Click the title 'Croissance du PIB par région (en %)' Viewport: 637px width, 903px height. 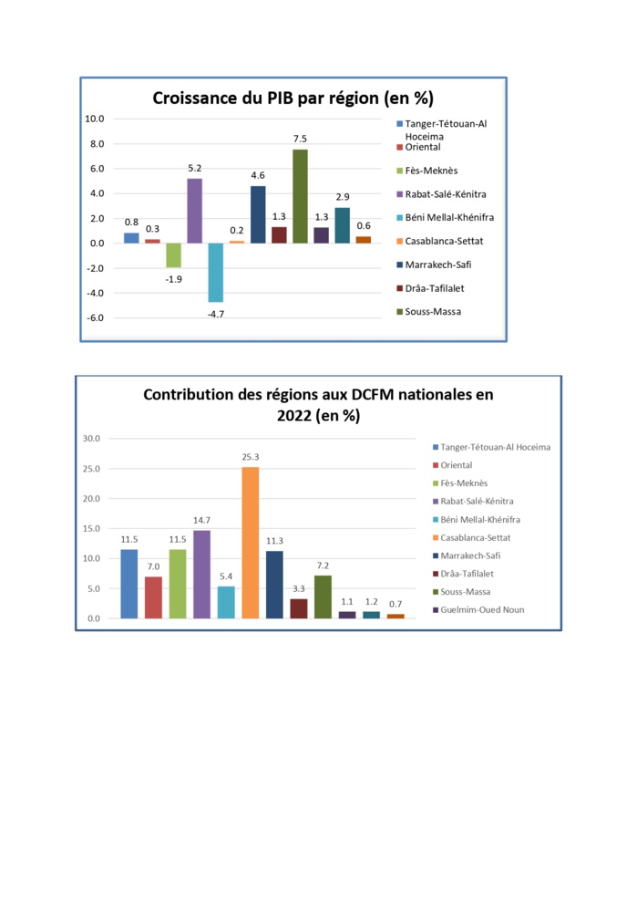pyautogui.click(x=293, y=98)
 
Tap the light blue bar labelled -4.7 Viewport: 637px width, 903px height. pyautogui.click(x=215, y=272)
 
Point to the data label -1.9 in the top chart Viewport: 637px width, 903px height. pyautogui.click(x=173, y=278)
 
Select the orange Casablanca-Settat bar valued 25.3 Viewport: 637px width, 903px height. pyautogui.click(x=250, y=543)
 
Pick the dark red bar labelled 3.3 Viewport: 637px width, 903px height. pyautogui.click(x=299, y=608)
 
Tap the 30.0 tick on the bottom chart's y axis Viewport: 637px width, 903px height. pyautogui.click(x=91, y=439)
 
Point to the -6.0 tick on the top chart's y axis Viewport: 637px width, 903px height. pyautogui.click(x=95, y=318)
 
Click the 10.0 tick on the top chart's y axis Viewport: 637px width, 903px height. pyautogui.click(x=95, y=119)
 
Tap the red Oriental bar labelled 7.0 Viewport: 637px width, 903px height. pyautogui.click(x=153, y=597)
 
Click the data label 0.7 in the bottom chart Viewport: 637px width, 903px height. pyautogui.click(x=396, y=603)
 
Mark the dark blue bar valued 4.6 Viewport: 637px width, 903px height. pyautogui.click(x=258, y=214)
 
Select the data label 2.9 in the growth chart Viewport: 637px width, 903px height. pyautogui.click(x=342, y=197)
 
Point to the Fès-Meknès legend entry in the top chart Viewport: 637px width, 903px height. pyautogui.click(x=430, y=171)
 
